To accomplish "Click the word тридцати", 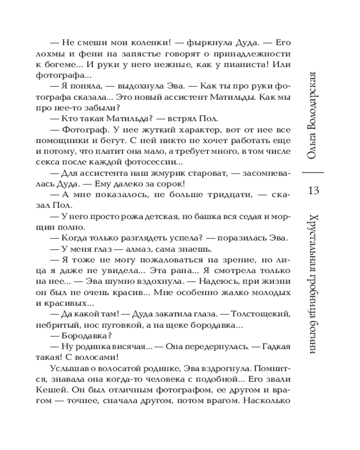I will (228, 195).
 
